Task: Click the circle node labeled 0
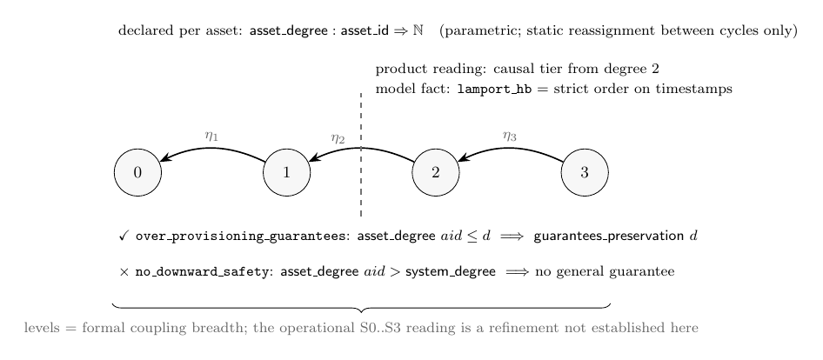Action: coord(137,173)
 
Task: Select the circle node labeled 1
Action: coord(286,173)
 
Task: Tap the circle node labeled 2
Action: coord(436,173)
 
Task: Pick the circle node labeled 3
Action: coord(585,173)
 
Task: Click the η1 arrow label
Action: coord(211,137)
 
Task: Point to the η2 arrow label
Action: coord(338,139)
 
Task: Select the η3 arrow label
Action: coord(509,137)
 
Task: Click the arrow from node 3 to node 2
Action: coord(510,149)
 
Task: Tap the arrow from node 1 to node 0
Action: coord(212,149)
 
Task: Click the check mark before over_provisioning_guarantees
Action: coord(124,237)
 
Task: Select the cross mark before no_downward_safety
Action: coord(124,272)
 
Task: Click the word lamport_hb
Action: coord(494,90)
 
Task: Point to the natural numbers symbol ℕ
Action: coord(418,30)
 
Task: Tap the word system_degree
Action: coord(451,272)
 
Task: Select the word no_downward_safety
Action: coord(200,272)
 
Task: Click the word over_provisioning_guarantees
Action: coord(239,237)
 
